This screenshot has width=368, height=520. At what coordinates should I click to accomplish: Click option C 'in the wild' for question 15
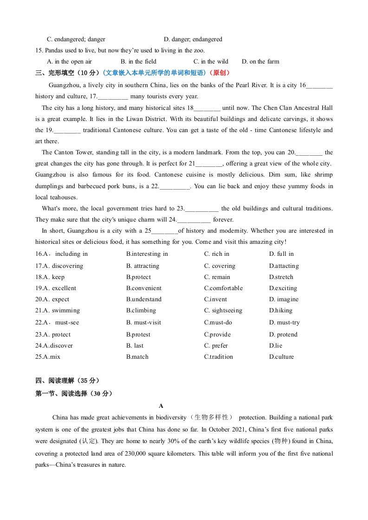click(211, 62)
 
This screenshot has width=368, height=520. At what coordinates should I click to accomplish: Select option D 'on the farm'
click(260, 62)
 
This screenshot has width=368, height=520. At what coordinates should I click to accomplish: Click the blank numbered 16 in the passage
click(320, 86)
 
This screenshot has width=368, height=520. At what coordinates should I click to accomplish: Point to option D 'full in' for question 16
click(281, 254)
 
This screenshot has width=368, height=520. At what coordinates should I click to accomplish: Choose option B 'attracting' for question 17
click(142, 266)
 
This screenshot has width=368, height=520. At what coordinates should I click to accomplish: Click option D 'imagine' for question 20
click(284, 299)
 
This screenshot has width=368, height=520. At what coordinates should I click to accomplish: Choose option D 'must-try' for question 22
click(284, 323)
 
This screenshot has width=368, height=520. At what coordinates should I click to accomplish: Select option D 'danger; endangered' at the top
click(193, 39)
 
